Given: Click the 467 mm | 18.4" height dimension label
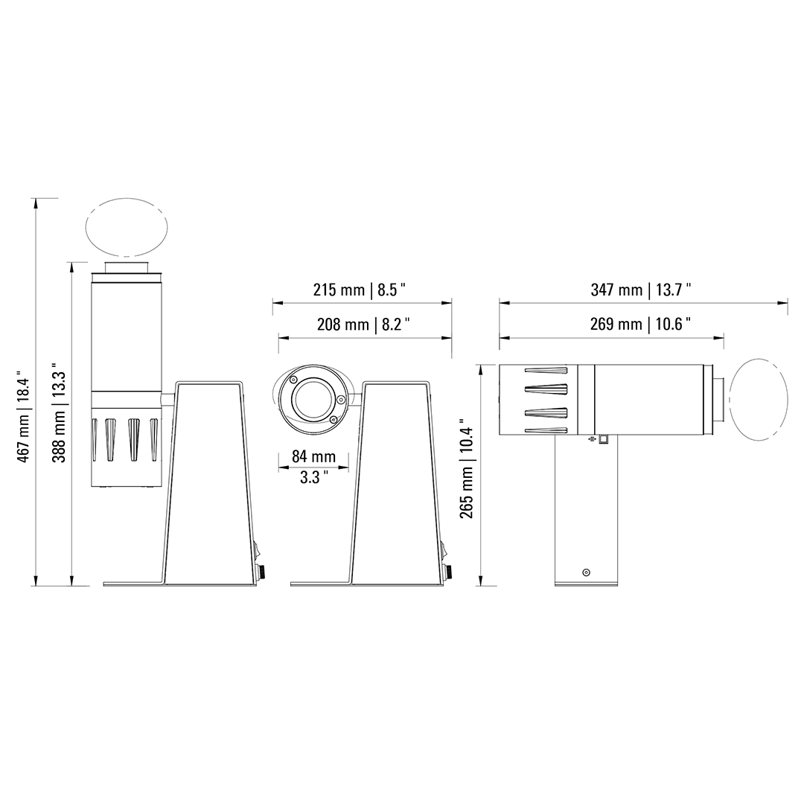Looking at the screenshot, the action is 24,416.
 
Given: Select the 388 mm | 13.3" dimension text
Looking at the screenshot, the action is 59,416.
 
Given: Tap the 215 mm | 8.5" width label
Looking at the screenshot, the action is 360,290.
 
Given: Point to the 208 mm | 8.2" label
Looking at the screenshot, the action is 363,324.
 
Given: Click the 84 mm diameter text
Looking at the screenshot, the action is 314,456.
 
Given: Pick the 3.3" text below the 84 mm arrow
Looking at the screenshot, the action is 314,477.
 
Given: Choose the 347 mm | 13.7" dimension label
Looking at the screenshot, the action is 640,290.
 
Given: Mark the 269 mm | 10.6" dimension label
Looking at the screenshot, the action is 640,324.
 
